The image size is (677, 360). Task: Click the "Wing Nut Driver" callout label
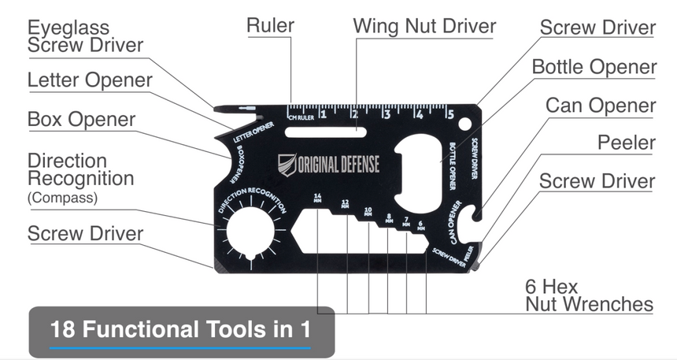coord(424,25)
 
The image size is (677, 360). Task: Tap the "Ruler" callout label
coord(270,25)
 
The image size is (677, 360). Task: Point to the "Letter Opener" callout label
coord(90,80)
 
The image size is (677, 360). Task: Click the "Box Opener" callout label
coord(81,120)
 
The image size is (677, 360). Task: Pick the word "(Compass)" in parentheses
coord(62,198)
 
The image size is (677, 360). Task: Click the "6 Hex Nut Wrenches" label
coord(589,295)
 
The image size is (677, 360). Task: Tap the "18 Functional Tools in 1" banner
coord(180,329)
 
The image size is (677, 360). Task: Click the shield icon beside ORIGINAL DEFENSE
coord(287,165)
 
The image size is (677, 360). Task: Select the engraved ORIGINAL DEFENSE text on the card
coord(338,165)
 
